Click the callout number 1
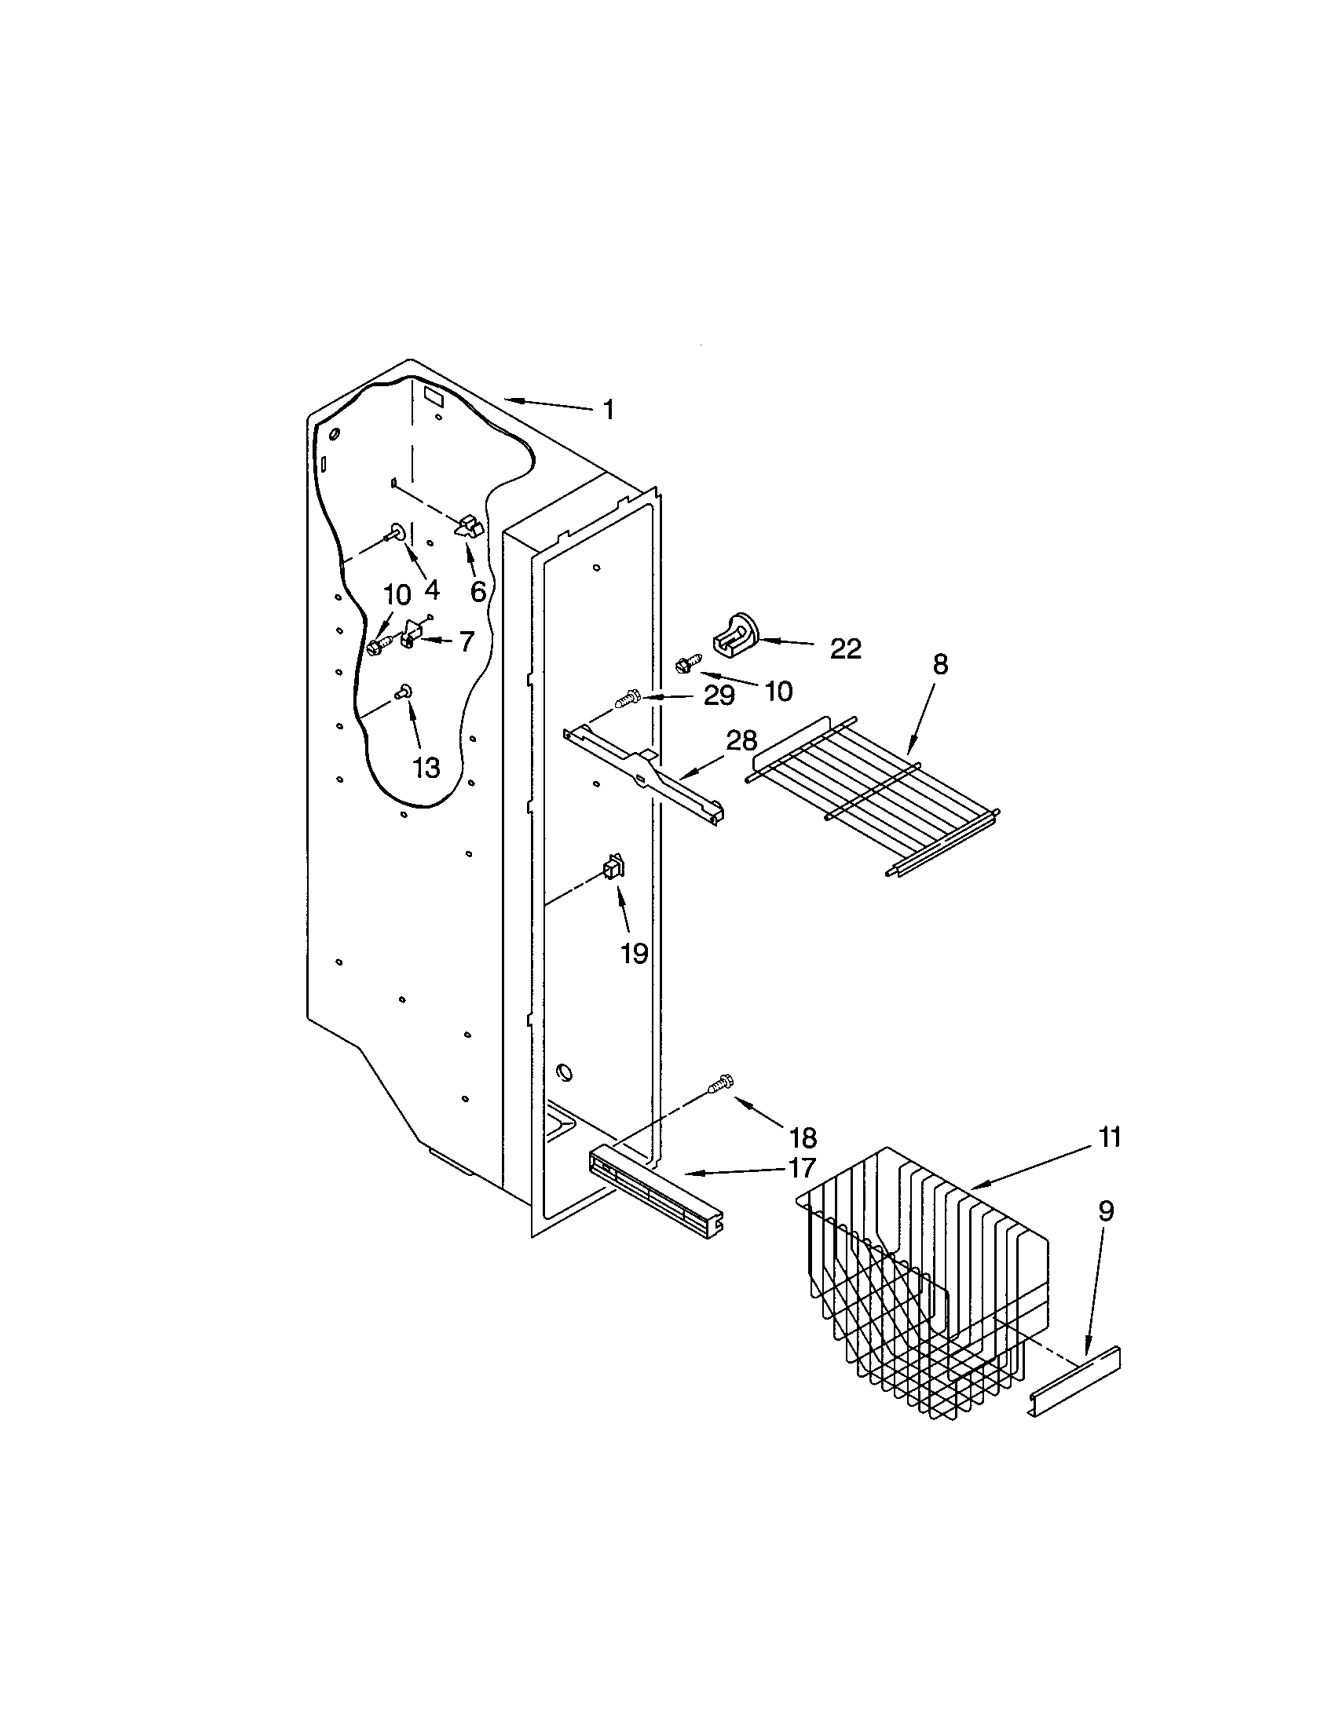[608, 410]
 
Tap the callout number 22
[846, 649]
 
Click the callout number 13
[426, 767]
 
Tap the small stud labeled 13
[404, 692]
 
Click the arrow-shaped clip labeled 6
[470, 526]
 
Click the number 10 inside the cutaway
[397, 595]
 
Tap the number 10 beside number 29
[779, 691]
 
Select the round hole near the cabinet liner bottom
[565, 1073]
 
